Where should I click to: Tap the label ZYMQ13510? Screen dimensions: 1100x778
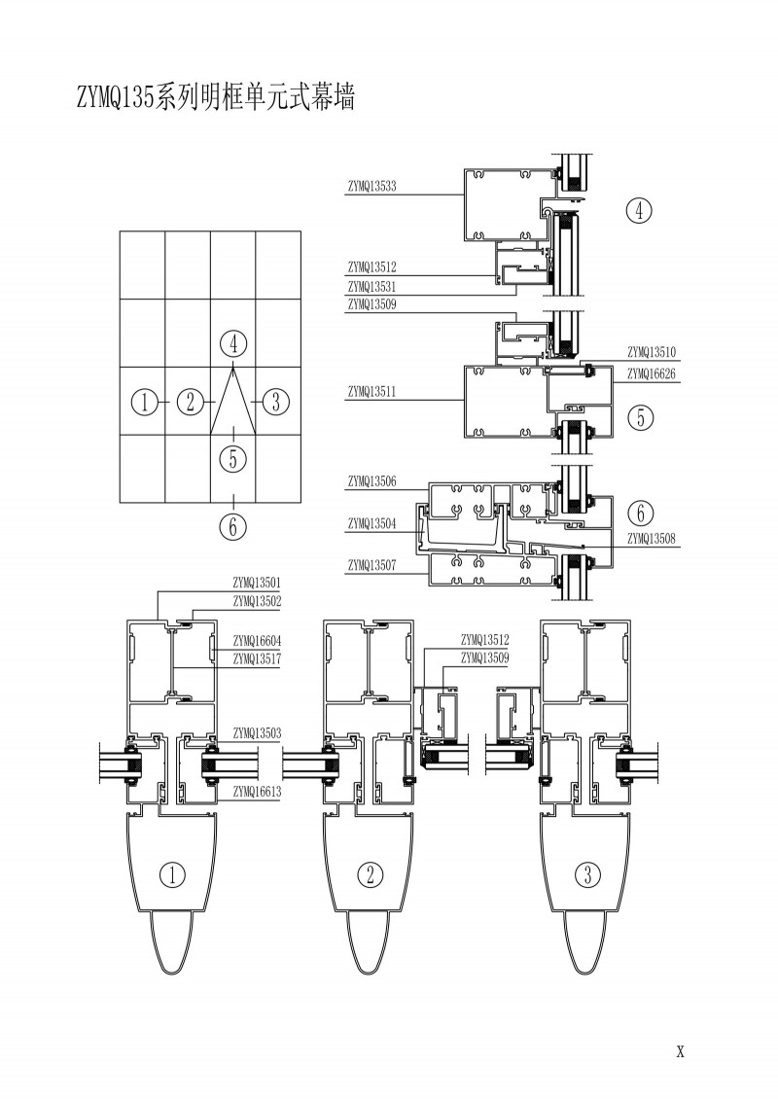[x=653, y=352]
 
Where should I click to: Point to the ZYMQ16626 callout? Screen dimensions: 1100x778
[x=653, y=373]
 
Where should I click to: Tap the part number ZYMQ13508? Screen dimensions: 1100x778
[x=653, y=538]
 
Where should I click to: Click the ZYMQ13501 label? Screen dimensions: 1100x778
[x=257, y=583]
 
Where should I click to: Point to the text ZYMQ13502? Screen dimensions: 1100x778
[x=257, y=602]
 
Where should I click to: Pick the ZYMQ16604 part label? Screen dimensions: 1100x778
[x=257, y=641]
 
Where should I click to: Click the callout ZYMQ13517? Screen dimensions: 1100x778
[x=257, y=659]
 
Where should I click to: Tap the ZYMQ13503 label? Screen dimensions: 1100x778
[x=257, y=732]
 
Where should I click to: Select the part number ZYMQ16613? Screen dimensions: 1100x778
[x=257, y=793]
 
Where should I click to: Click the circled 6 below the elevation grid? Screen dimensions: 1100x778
[x=232, y=527]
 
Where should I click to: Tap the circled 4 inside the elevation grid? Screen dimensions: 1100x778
[x=233, y=343]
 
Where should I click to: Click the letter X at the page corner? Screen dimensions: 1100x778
[x=681, y=1051]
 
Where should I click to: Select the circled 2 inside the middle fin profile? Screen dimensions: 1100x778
[x=371, y=874]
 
